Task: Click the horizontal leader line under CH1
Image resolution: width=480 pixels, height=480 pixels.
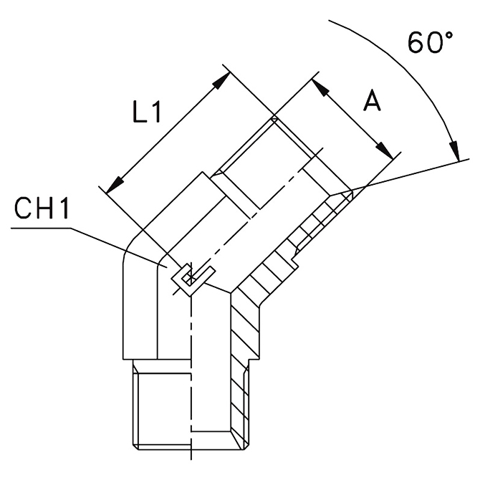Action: [x=43, y=229]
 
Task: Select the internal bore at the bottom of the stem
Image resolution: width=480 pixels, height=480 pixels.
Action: [x=212, y=401]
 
